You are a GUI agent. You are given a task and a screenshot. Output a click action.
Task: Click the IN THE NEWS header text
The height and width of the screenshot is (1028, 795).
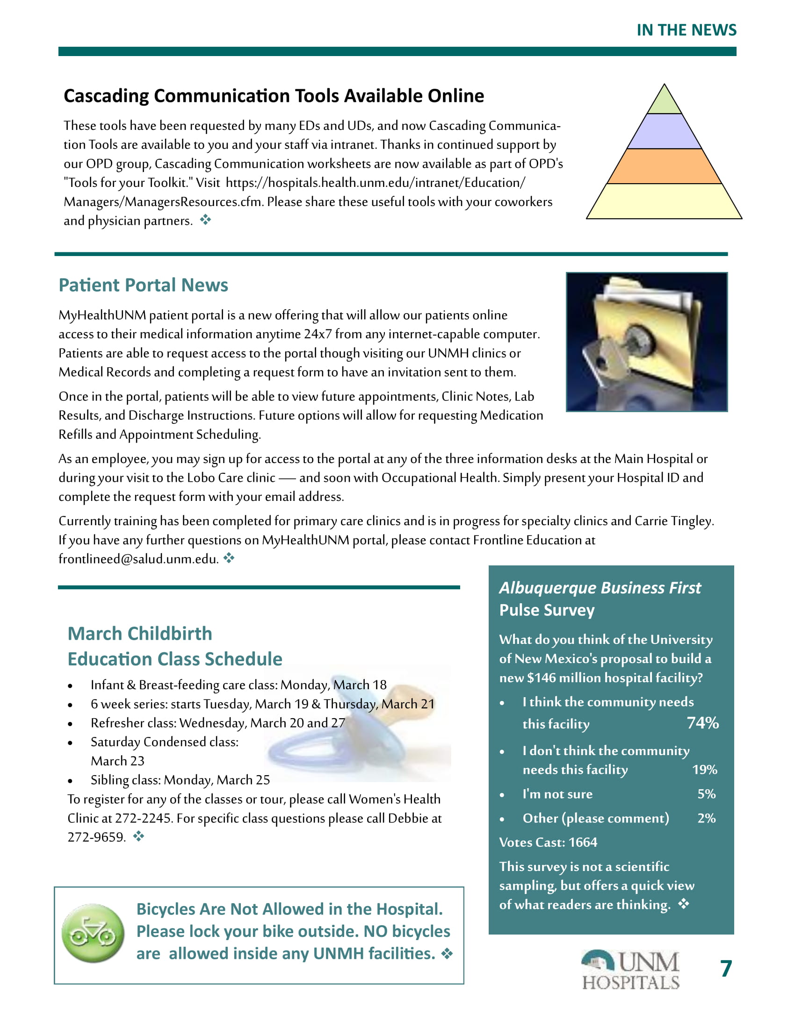[686, 30]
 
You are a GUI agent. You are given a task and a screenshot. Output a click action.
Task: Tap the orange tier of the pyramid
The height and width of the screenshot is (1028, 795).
[664, 167]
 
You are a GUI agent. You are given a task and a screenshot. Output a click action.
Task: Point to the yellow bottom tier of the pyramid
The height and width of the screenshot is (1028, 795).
[664, 201]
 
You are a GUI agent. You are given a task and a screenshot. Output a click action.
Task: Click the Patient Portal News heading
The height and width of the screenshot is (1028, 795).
[143, 285]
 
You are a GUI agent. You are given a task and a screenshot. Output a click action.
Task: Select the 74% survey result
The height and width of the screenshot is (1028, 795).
[703, 722]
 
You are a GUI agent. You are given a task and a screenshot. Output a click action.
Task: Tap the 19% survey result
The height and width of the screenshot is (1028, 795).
[705, 770]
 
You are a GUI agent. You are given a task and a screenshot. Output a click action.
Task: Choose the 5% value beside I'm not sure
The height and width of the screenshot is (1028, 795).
[707, 794]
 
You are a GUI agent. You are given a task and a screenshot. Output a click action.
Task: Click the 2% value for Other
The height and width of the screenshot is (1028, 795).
[707, 818]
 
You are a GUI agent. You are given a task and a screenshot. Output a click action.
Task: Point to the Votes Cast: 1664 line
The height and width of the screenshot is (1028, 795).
[548, 842]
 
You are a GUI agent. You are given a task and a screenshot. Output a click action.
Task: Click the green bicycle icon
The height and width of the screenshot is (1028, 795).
[93, 933]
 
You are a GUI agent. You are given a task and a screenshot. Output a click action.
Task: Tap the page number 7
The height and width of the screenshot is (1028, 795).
[726, 969]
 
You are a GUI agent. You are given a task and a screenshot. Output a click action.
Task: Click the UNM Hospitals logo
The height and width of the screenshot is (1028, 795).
[631, 970]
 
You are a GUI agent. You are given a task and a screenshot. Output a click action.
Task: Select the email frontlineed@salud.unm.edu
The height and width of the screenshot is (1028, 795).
[138, 559]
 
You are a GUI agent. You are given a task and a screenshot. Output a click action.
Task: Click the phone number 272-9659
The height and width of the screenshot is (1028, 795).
[96, 837]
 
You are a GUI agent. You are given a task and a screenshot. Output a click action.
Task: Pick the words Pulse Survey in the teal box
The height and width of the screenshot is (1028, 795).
[547, 610]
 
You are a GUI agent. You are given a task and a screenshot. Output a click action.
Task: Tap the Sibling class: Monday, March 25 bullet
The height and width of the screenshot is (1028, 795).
[180, 780]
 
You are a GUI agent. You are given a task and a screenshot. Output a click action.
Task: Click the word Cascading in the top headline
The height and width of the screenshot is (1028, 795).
[106, 96]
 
